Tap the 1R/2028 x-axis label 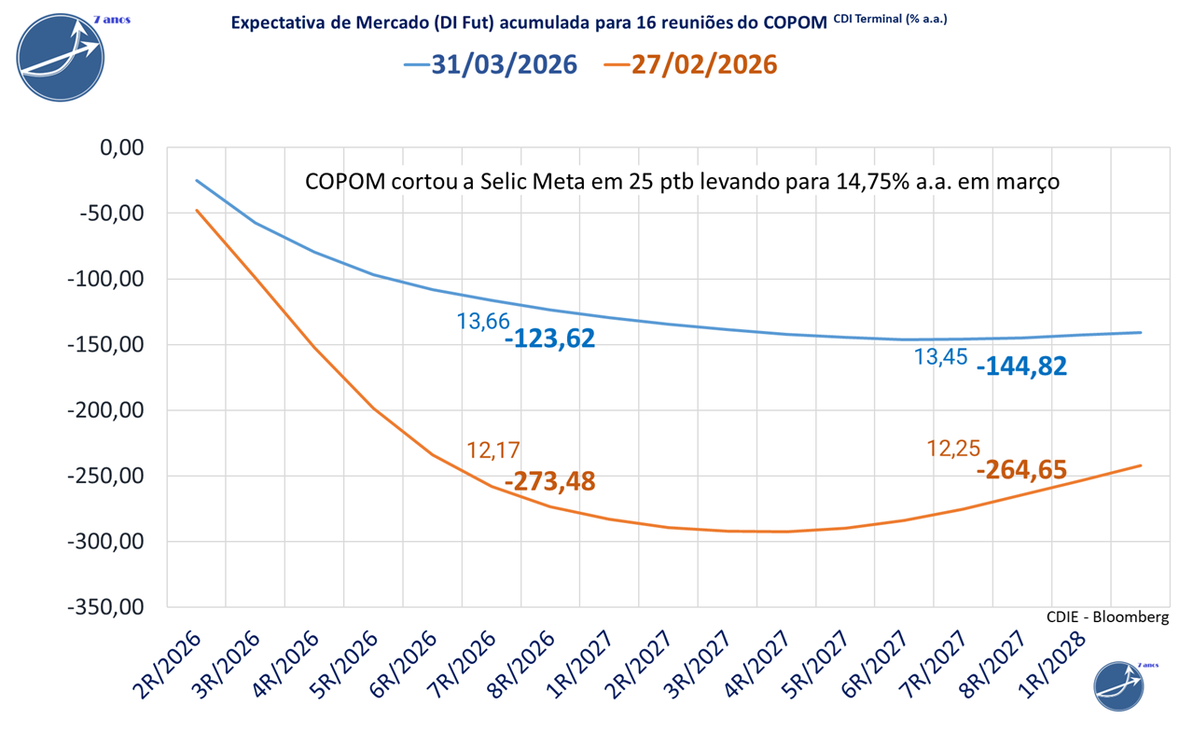click(x=1054, y=665)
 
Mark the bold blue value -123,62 click(x=549, y=338)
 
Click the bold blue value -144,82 click(x=1021, y=366)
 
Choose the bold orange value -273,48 click(x=549, y=482)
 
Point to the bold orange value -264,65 click(x=1021, y=469)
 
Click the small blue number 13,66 click(x=483, y=321)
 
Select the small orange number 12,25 click(x=953, y=449)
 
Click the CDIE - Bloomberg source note click(x=1108, y=616)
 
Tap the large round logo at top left click(x=62, y=57)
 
